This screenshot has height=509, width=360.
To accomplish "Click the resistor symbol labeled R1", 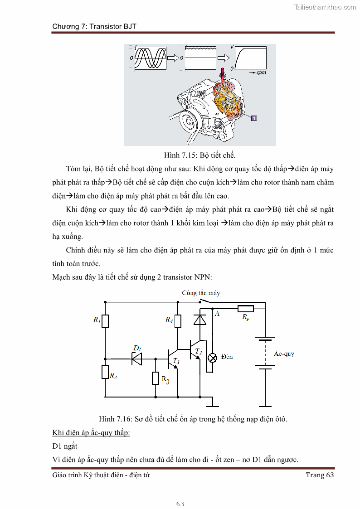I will click(x=105, y=321).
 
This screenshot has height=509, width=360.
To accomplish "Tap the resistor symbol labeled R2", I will click(x=105, y=372).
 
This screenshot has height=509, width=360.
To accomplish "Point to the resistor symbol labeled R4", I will click(x=178, y=321).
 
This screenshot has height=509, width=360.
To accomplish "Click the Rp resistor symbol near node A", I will click(x=246, y=309).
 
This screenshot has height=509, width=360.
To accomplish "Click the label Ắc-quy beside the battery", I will click(x=284, y=354).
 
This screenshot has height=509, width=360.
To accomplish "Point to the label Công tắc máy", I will click(x=201, y=293).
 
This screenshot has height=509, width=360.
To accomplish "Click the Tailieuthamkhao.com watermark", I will click(x=325, y=7).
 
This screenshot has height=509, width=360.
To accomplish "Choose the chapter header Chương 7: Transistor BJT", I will click(x=94, y=27).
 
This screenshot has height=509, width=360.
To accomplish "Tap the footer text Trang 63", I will click(x=320, y=475).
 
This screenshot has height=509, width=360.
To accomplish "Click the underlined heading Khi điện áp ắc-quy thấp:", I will click(x=91, y=432).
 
